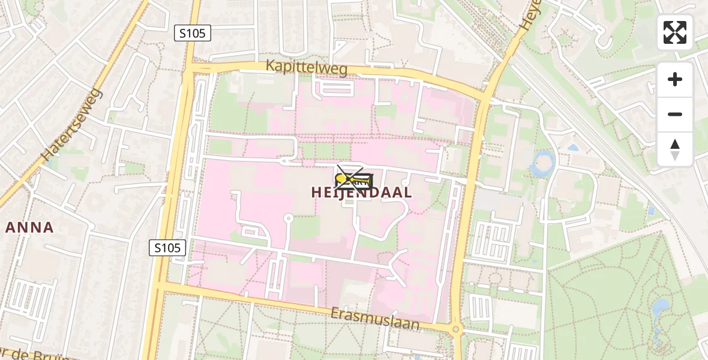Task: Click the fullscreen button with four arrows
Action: (675, 32)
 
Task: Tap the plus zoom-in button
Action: (675, 79)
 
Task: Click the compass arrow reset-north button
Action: (675, 149)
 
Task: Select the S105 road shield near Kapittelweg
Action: (193, 34)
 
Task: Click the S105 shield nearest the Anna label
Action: (167, 247)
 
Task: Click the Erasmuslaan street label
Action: (375, 319)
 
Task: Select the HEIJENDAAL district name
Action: (362, 193)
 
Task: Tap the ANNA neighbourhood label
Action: (30, 227)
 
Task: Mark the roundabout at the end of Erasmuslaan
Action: (455, 329)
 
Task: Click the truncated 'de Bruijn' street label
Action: (36, 353)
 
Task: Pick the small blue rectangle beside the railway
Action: (651, 211)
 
